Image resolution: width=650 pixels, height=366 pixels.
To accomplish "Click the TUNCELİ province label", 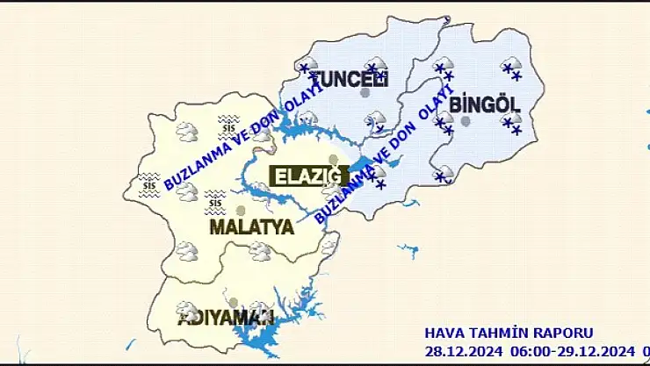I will point(349,78).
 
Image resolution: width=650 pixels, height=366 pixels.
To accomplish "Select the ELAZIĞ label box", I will point(307,176).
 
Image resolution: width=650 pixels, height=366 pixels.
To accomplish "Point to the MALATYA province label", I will point(251,227).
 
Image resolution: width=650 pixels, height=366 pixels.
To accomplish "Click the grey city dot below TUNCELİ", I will point(365,93).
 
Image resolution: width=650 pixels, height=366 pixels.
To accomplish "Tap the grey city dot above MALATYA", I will point(241,211).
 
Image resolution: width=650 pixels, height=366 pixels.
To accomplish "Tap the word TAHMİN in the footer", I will point(497,334).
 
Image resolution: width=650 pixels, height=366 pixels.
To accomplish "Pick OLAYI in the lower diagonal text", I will point(435,103).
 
